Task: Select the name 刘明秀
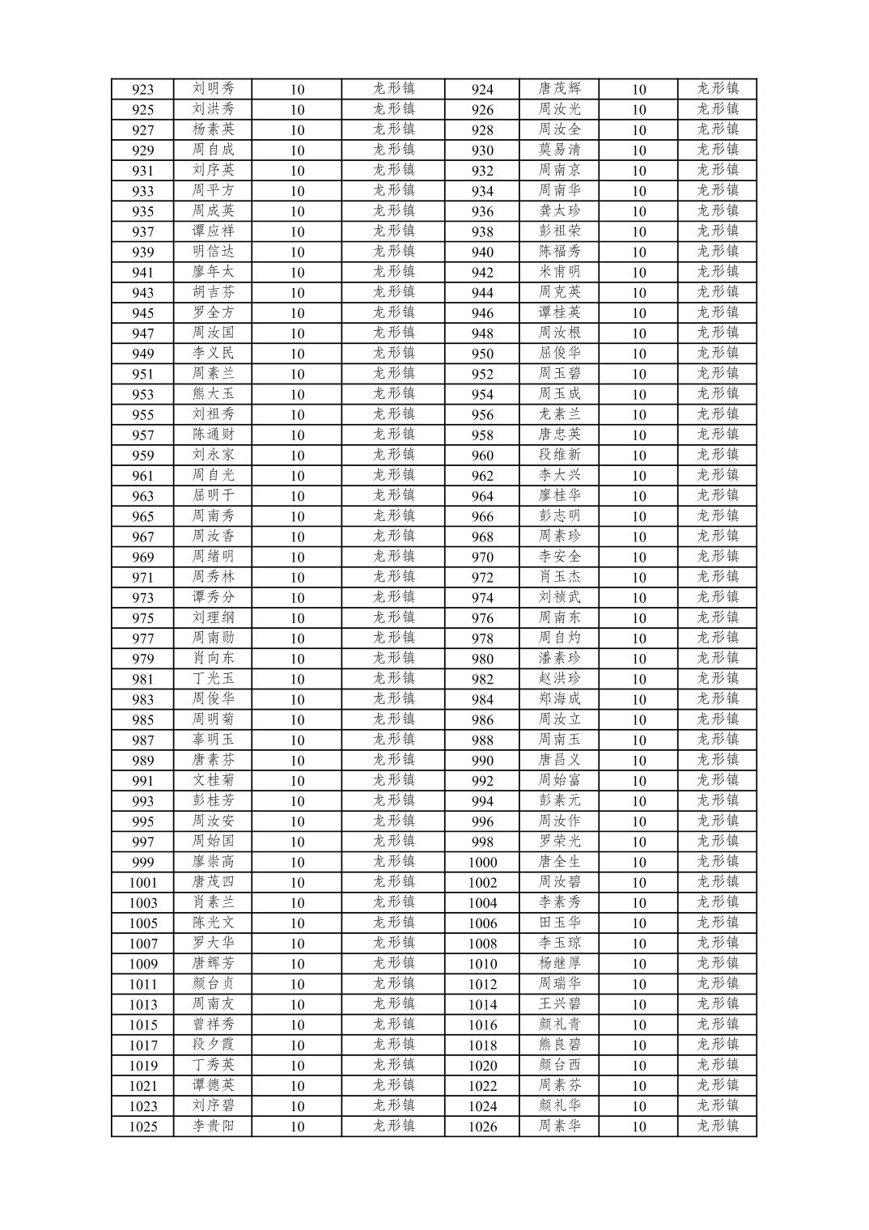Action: pyautogui.click(x=213, y=89)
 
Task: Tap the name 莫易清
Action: pyautogui.click(x=559, y=150)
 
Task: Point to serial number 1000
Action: pyautogui.click(x=482, y=863)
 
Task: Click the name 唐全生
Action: pyautogui.click(x=559, y=862)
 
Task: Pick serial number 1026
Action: pyautogui.click(x=482, y=1126)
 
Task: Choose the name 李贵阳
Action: pyautogui.click(x=213, y=1126)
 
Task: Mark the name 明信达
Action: pyautogui.click(x=213, y=252)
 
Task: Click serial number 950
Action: pyautogui.click(x=482, y=354)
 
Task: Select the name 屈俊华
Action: pyautogui.click(x=559, y=354)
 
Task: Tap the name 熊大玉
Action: pyautogui.click(x=213, y=394)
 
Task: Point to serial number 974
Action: pyautogui.click(x=482, y=598)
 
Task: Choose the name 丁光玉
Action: pyautogui.click(x=213, y=679)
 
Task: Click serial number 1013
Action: pyautogui.click(x=142, y=1004)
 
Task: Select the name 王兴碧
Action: pyautogui.click(x=559, y=1004)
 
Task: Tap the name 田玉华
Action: pyautogui.click(x=559, y=922)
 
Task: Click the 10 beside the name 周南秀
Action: pyautogui.click(x=297, y=516)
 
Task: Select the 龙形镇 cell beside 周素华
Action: pyautogui.click(x=718, y=1126)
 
